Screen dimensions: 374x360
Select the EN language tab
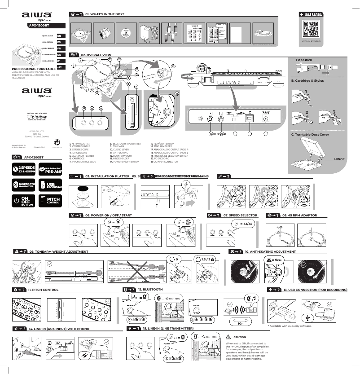(60, 35)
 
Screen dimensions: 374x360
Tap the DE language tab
(60, 54)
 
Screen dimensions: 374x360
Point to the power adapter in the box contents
(147, 32)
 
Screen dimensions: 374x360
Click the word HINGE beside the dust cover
(339, 159)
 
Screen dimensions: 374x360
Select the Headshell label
(303, 60)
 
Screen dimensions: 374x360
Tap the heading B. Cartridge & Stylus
(307, 80)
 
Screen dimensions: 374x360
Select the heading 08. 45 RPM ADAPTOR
(299, 216)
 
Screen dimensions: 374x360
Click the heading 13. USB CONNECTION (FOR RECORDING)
(315, 290)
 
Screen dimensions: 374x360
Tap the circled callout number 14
(84, 108)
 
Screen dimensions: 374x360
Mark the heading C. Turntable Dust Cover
(310, 134)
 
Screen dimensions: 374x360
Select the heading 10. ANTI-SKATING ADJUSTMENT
(270, 252)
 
